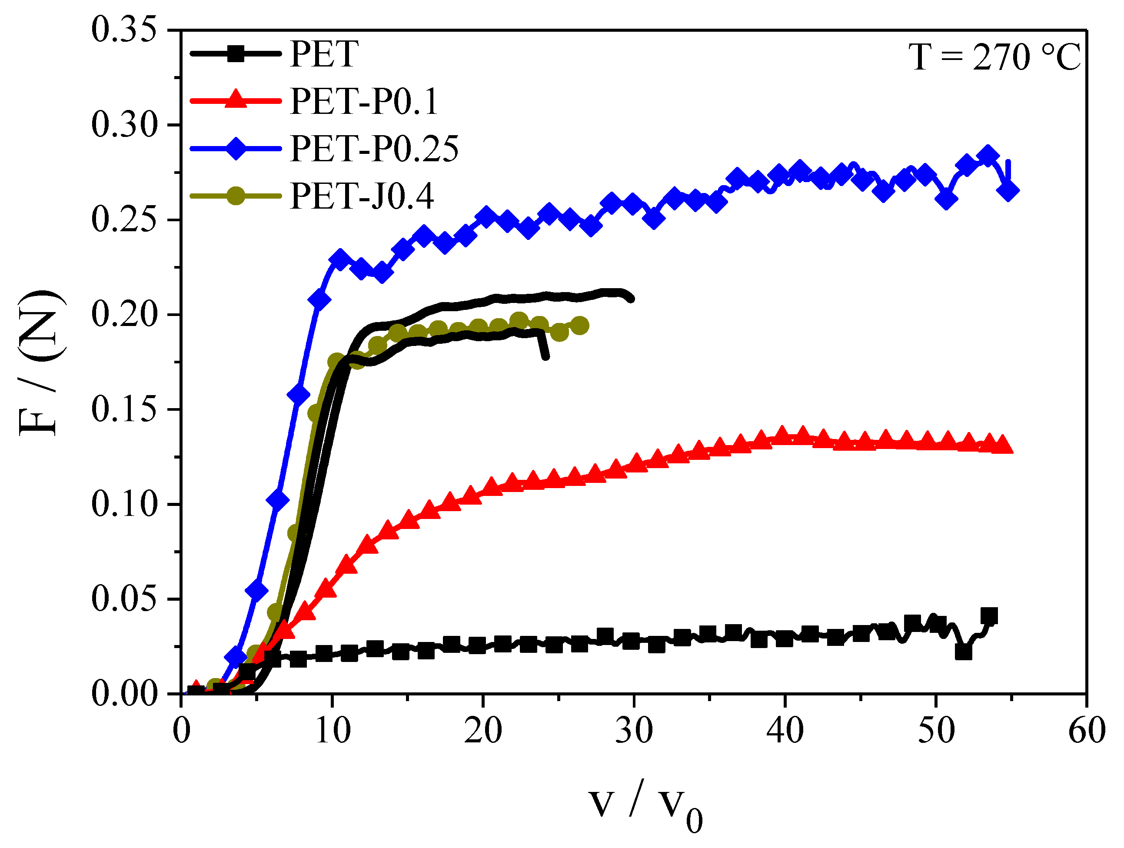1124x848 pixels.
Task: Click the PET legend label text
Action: pyautogui.click(x=324, y=54)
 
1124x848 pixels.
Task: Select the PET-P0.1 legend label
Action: pyautogui.click(x=364, y=101)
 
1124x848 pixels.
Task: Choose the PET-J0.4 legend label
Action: pyautogui.click(x=362, y=196)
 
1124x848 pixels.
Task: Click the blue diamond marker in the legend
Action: pyautogui.click(x=236, y=148)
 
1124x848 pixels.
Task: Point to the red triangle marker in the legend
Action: pyautogui.click(x=236, y=100)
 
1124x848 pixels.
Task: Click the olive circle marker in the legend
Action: pyautogui.click(x=236, y=195)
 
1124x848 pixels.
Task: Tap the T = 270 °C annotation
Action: pyautogui.click(x=994, y=57)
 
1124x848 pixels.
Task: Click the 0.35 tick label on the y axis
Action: pyautogui.click(x=123, y=30)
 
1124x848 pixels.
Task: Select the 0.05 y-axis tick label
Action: pyautogui.click(x=123, y=599)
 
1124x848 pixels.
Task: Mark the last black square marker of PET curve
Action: pyautogui.click(x=989, y=616)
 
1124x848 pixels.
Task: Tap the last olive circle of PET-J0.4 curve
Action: pyautogui.click(x=580, y=326)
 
